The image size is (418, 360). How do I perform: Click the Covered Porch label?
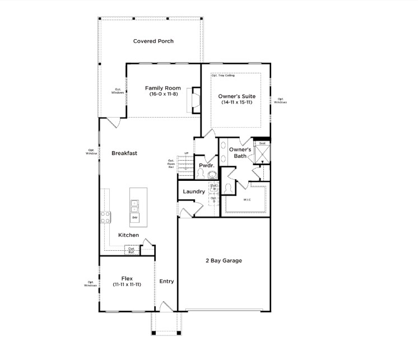[153, 41]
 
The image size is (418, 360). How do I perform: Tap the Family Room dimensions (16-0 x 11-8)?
[162, 95]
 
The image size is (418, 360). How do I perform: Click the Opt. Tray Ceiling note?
[223, 75]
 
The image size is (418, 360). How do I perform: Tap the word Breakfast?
[124, 153]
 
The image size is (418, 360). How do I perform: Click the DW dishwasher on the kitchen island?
[135, 217]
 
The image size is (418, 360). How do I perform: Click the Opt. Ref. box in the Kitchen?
[131, 250]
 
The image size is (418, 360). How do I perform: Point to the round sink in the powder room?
[212, 174]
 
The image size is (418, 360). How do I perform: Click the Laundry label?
[193, 191]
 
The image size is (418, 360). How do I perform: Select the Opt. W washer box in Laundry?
[213, 188]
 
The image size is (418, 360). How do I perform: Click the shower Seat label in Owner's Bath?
[262, 143]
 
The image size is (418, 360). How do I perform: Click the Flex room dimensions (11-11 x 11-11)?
[126, 284]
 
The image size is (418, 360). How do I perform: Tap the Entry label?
[166, 281]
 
